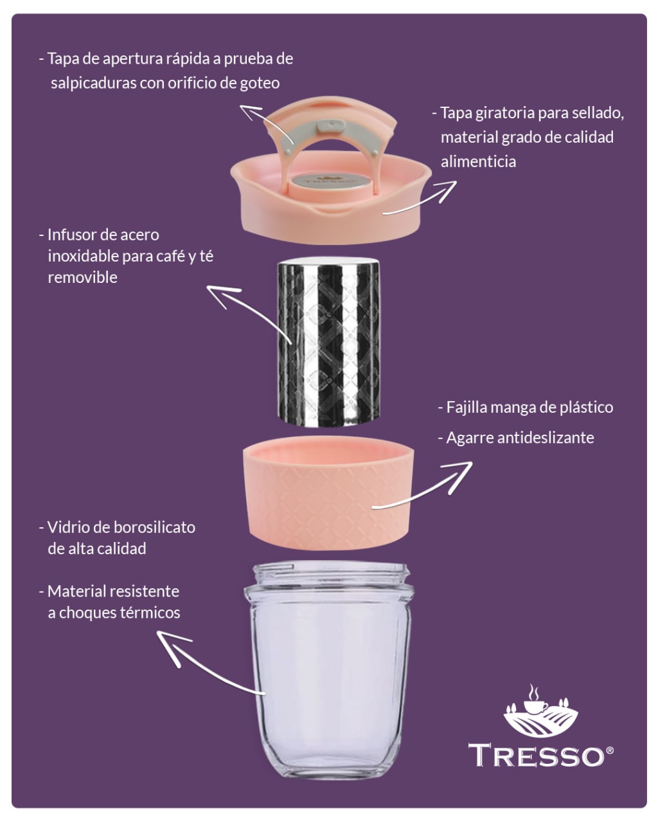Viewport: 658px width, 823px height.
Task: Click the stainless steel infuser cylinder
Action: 329,341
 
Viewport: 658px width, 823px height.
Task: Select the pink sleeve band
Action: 329,493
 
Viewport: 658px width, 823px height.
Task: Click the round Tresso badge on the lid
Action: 325,181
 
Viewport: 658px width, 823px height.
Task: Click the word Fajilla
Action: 467,407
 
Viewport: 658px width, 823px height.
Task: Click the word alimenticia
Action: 478,161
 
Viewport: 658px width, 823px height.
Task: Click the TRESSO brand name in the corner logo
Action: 536,755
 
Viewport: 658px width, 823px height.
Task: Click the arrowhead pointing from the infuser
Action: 222,295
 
